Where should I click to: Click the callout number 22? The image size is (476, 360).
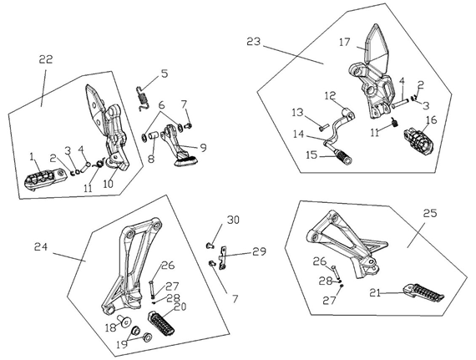tap(46, 59)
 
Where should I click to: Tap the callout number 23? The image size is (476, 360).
tap(254, 41)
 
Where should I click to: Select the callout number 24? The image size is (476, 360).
tap(41, 246)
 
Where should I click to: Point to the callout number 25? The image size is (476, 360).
tap(430, 213)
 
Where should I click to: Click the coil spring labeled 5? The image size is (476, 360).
tap(143, 99)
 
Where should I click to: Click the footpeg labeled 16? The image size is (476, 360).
tap(418, 141)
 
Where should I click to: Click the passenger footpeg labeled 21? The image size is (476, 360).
tap(423, 292)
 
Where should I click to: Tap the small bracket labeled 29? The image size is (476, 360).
tap(223, 258)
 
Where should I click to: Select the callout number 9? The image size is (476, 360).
tap(203, 147)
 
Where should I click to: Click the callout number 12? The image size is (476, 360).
tap(331, 95)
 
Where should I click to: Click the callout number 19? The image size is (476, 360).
tap(122, 344)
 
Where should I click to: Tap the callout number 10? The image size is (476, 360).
tap(108, 184)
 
